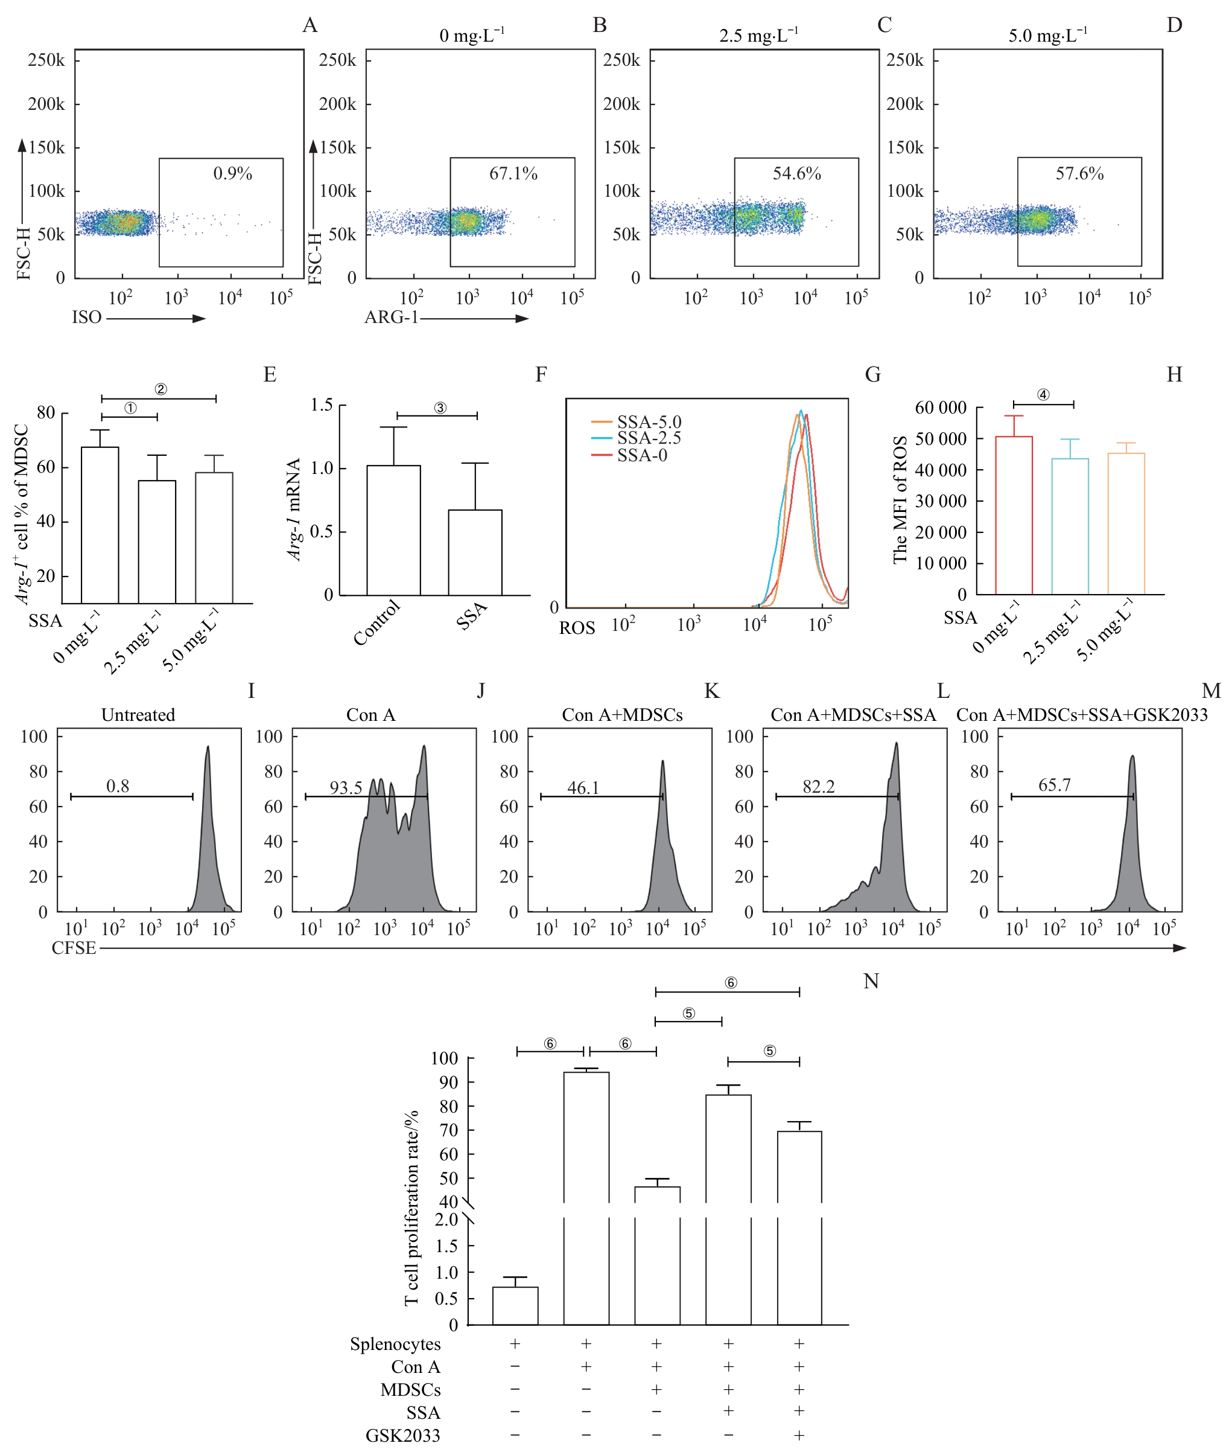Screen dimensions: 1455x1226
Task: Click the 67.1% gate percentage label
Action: coord(513,174)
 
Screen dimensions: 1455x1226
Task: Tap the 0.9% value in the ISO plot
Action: coord(232,174)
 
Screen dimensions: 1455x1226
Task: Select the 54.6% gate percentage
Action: coord(796,174)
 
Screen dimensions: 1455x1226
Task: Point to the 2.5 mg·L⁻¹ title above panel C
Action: coord(758,36)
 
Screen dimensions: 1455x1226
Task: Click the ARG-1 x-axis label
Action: coord(392,318)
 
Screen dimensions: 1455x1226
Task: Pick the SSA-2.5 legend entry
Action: coord(649,438)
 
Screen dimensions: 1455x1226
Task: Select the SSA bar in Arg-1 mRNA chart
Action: coord(475,552)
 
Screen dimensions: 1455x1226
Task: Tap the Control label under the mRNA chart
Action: coord(376,622)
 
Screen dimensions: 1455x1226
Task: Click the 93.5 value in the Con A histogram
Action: coord(346,788)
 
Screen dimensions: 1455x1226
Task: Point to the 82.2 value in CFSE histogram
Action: coord(818,787)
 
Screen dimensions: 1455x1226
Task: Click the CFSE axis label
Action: coord(74,948)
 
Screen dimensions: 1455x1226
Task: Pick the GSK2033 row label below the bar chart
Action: coord(403,1436)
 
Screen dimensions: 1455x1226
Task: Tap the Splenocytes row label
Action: coord(395,1345)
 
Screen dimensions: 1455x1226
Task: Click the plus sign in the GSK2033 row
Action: coord(799,1435)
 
